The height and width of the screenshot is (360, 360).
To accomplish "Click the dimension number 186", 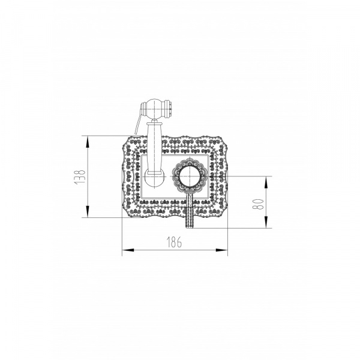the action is click(174, 242).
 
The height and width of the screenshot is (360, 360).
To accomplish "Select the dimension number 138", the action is click(80, 176).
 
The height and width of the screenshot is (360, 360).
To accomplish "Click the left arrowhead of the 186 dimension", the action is click(128, 250).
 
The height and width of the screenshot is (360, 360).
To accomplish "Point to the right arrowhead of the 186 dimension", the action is click(221, 250).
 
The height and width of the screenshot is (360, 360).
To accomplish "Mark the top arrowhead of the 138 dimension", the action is click(87, 142).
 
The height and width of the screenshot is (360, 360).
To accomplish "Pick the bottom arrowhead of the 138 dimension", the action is click(87, 211).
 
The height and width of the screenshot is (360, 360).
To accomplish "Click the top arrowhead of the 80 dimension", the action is click(266, 182).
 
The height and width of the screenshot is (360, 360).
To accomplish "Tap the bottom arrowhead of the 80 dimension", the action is click(266, 222).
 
